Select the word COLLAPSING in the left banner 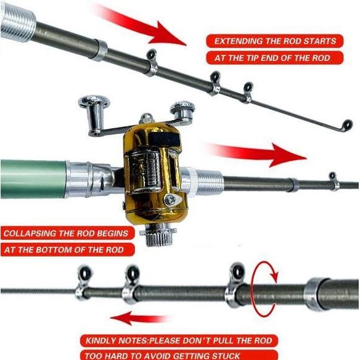32,234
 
